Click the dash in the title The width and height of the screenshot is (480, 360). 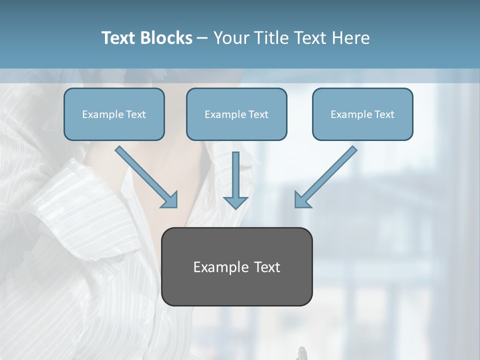202,38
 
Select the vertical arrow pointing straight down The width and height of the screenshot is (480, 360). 235,177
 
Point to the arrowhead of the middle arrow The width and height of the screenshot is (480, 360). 235,202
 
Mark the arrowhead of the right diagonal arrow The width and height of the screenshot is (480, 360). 301,200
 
